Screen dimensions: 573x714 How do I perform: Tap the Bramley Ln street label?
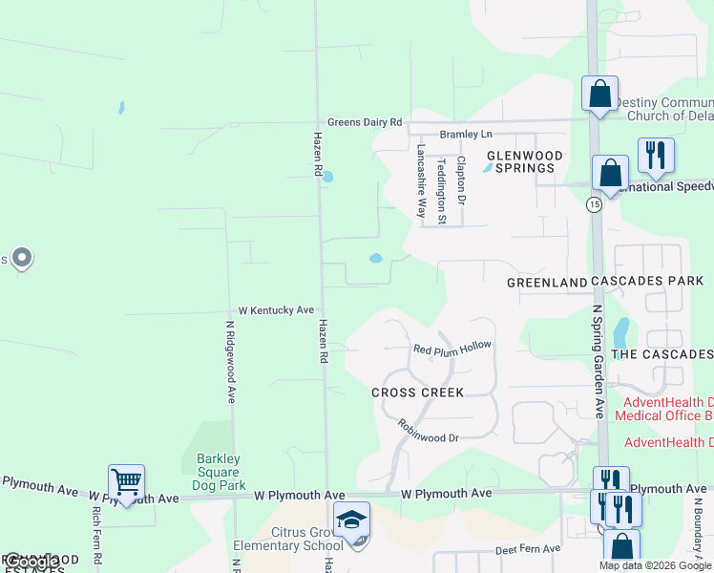tap(466, 134)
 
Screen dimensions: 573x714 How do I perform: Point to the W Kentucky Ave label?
tap(276, 310)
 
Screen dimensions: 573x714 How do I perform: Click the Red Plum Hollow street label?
tap(451, 348)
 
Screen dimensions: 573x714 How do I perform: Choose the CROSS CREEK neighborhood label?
tap(417, 393)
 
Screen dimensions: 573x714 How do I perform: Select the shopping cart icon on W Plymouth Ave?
tap(126, 481)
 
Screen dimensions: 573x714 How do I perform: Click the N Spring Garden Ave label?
tap(598, 361)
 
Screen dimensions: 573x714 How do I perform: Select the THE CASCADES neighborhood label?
tap(661, 354)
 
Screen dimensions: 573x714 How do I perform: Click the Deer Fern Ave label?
tap(529, 551)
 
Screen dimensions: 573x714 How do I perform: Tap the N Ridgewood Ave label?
tap(231, 361)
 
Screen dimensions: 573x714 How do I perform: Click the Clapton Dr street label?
tap(461, 180)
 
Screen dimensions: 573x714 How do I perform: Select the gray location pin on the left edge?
tap(21, 258)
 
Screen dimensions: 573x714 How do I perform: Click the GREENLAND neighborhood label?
tap(546, 283)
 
